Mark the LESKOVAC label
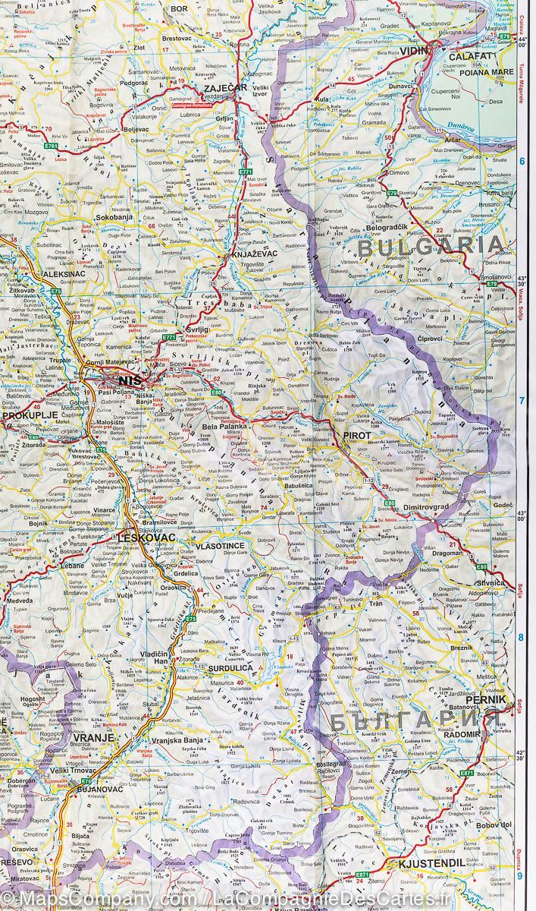[147, 537]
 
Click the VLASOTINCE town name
[220, 546]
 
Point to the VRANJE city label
[94, 737]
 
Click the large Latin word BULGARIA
[431, 246]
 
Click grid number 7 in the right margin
[522, 401]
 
